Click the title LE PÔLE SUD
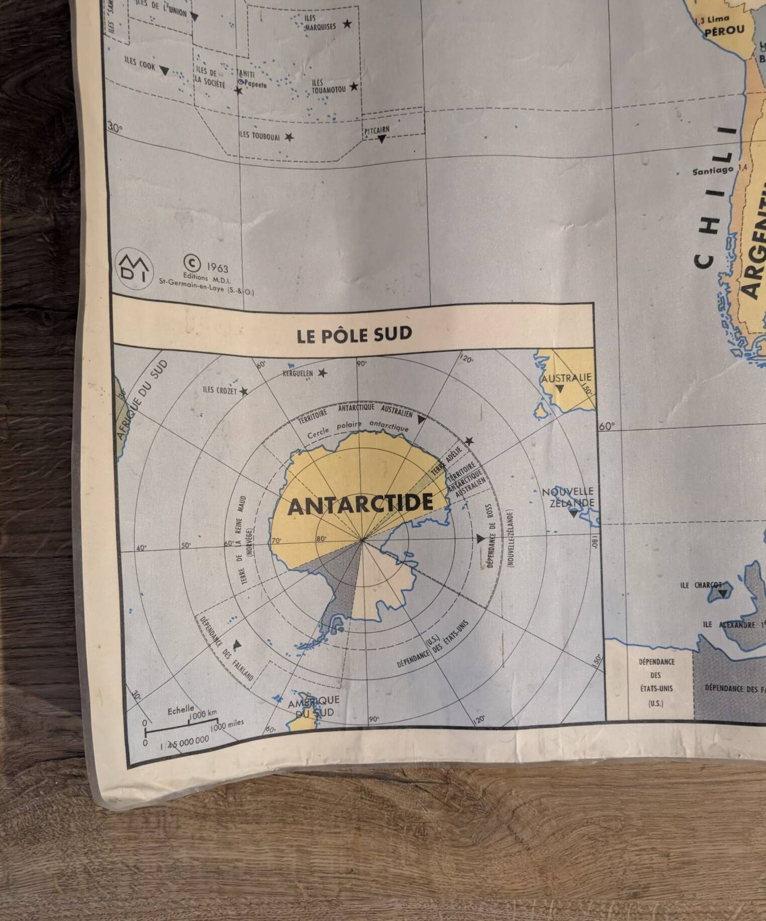tap(354, 334)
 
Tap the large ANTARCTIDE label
tap(360, 504)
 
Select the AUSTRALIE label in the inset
tap(566, 378)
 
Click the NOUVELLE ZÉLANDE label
tap(568, 497)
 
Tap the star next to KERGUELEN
tap(322, 373)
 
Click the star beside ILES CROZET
tap(244, 391)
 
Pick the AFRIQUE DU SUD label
tap(141, 400)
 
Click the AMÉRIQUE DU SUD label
tap(313, 706)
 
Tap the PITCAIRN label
tap(377, 131)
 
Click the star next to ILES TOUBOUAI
tap(289, 137)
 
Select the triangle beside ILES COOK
tap(164, 71)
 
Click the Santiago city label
tap(712, 171)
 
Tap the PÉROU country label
tap(724, 31)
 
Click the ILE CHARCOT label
tap(701, 585)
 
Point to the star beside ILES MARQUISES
tap(347, 24)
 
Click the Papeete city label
tap(255, 84)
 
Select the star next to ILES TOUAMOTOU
tap(354, 86)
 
